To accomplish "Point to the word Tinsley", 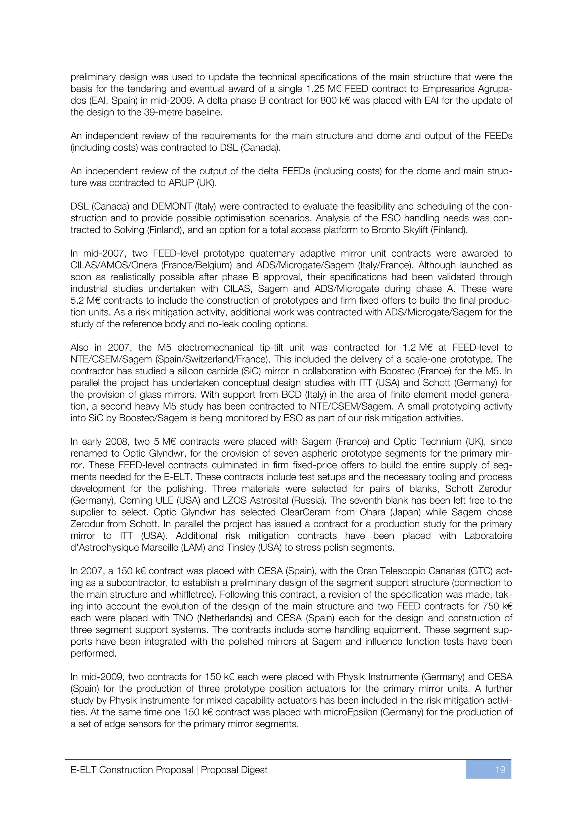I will click(x=245, y=548).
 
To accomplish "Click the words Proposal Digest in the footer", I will click(x=234, y=770).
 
